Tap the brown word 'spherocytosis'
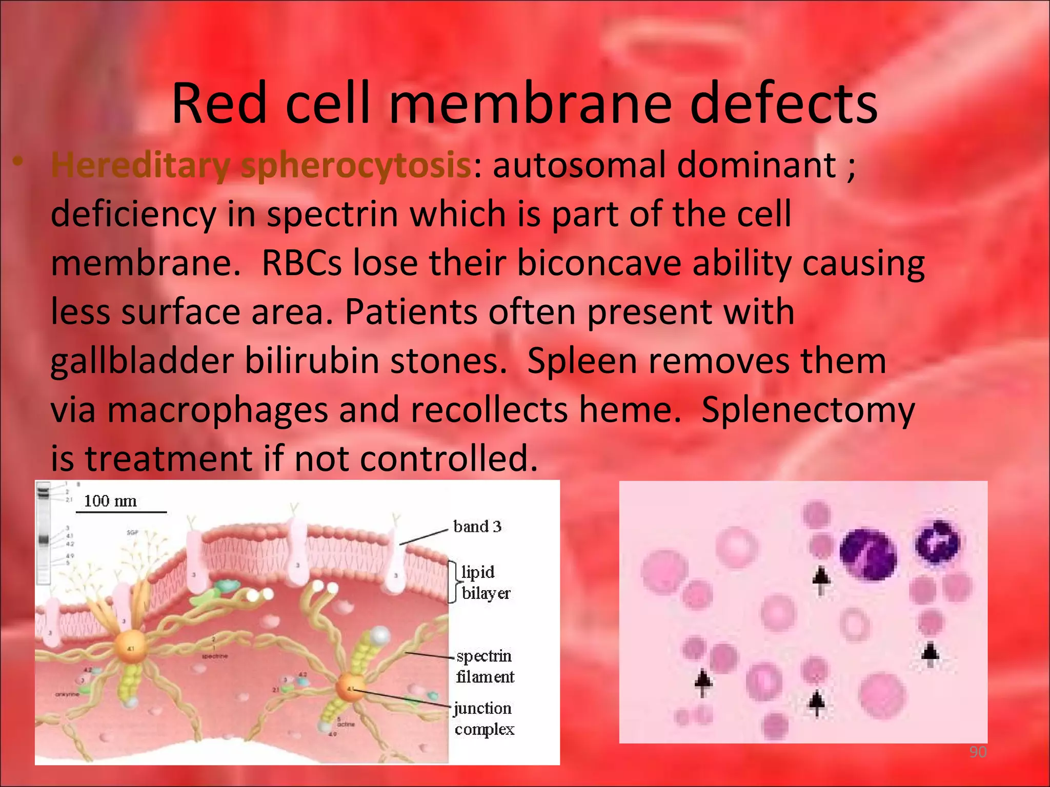point(355,165)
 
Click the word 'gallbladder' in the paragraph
point(142,361)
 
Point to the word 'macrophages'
point(217,410)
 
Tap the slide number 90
point(977,752)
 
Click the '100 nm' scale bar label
point(110,501)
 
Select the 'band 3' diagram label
point(477,526)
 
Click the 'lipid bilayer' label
point(484,583)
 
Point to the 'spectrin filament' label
point(484,666)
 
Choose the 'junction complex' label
point(483,718)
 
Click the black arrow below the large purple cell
point(821,579)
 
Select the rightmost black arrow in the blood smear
point(930,655)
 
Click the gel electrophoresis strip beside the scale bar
point(43,533)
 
